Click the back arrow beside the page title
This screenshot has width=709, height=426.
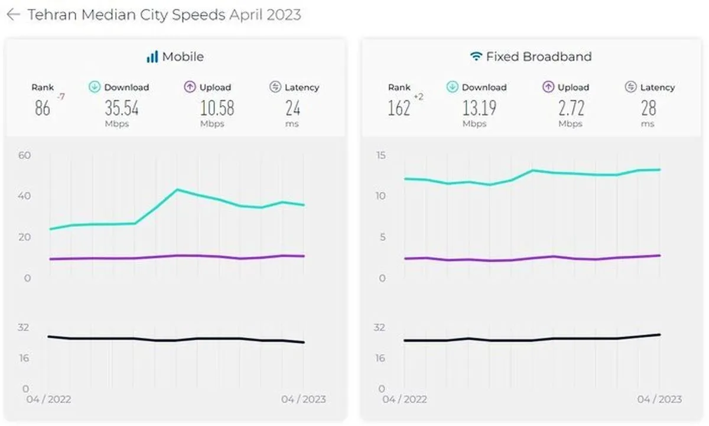[14, 15]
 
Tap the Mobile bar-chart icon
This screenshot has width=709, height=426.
[152, 57]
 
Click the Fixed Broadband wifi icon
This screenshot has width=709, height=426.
[476, 56]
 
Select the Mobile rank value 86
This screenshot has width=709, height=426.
[43, 108]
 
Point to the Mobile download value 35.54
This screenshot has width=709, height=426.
[122, 108]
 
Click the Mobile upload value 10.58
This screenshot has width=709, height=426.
[217, 108]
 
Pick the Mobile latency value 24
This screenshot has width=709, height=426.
[293, 108]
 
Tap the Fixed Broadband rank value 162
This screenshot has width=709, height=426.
[399, 108]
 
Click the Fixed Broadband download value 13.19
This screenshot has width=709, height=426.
[480, 108]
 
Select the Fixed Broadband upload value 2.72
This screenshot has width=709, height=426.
[571, 108]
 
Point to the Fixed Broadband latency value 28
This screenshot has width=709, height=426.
[649, 108]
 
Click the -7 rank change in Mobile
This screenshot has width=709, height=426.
[61, 96]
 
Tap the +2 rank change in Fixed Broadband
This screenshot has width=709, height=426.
[419, 96]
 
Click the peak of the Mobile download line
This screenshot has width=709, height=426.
[177, 190]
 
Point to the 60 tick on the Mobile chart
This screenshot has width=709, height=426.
[25, 155]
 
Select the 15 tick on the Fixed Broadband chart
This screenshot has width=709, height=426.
[381, 155]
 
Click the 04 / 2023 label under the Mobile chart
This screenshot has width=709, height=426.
[304, 399]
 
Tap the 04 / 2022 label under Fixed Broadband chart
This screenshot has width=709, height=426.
[405, 399]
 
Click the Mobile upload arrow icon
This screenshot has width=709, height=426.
[190, 87]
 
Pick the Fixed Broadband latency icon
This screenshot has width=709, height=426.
[631, 87]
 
